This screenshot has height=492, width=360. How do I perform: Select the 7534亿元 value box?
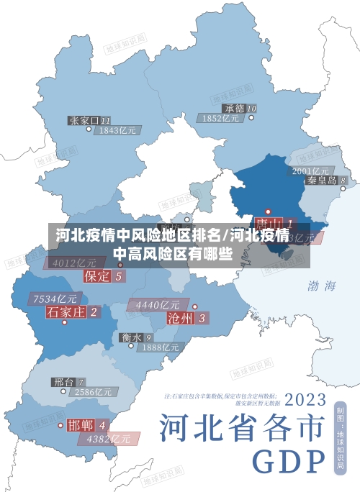coord(55,298)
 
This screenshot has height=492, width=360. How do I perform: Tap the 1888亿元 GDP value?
coord(159,347)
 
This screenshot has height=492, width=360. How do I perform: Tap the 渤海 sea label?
coord(322,286)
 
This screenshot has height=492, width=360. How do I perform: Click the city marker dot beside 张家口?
coord(89,129)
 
